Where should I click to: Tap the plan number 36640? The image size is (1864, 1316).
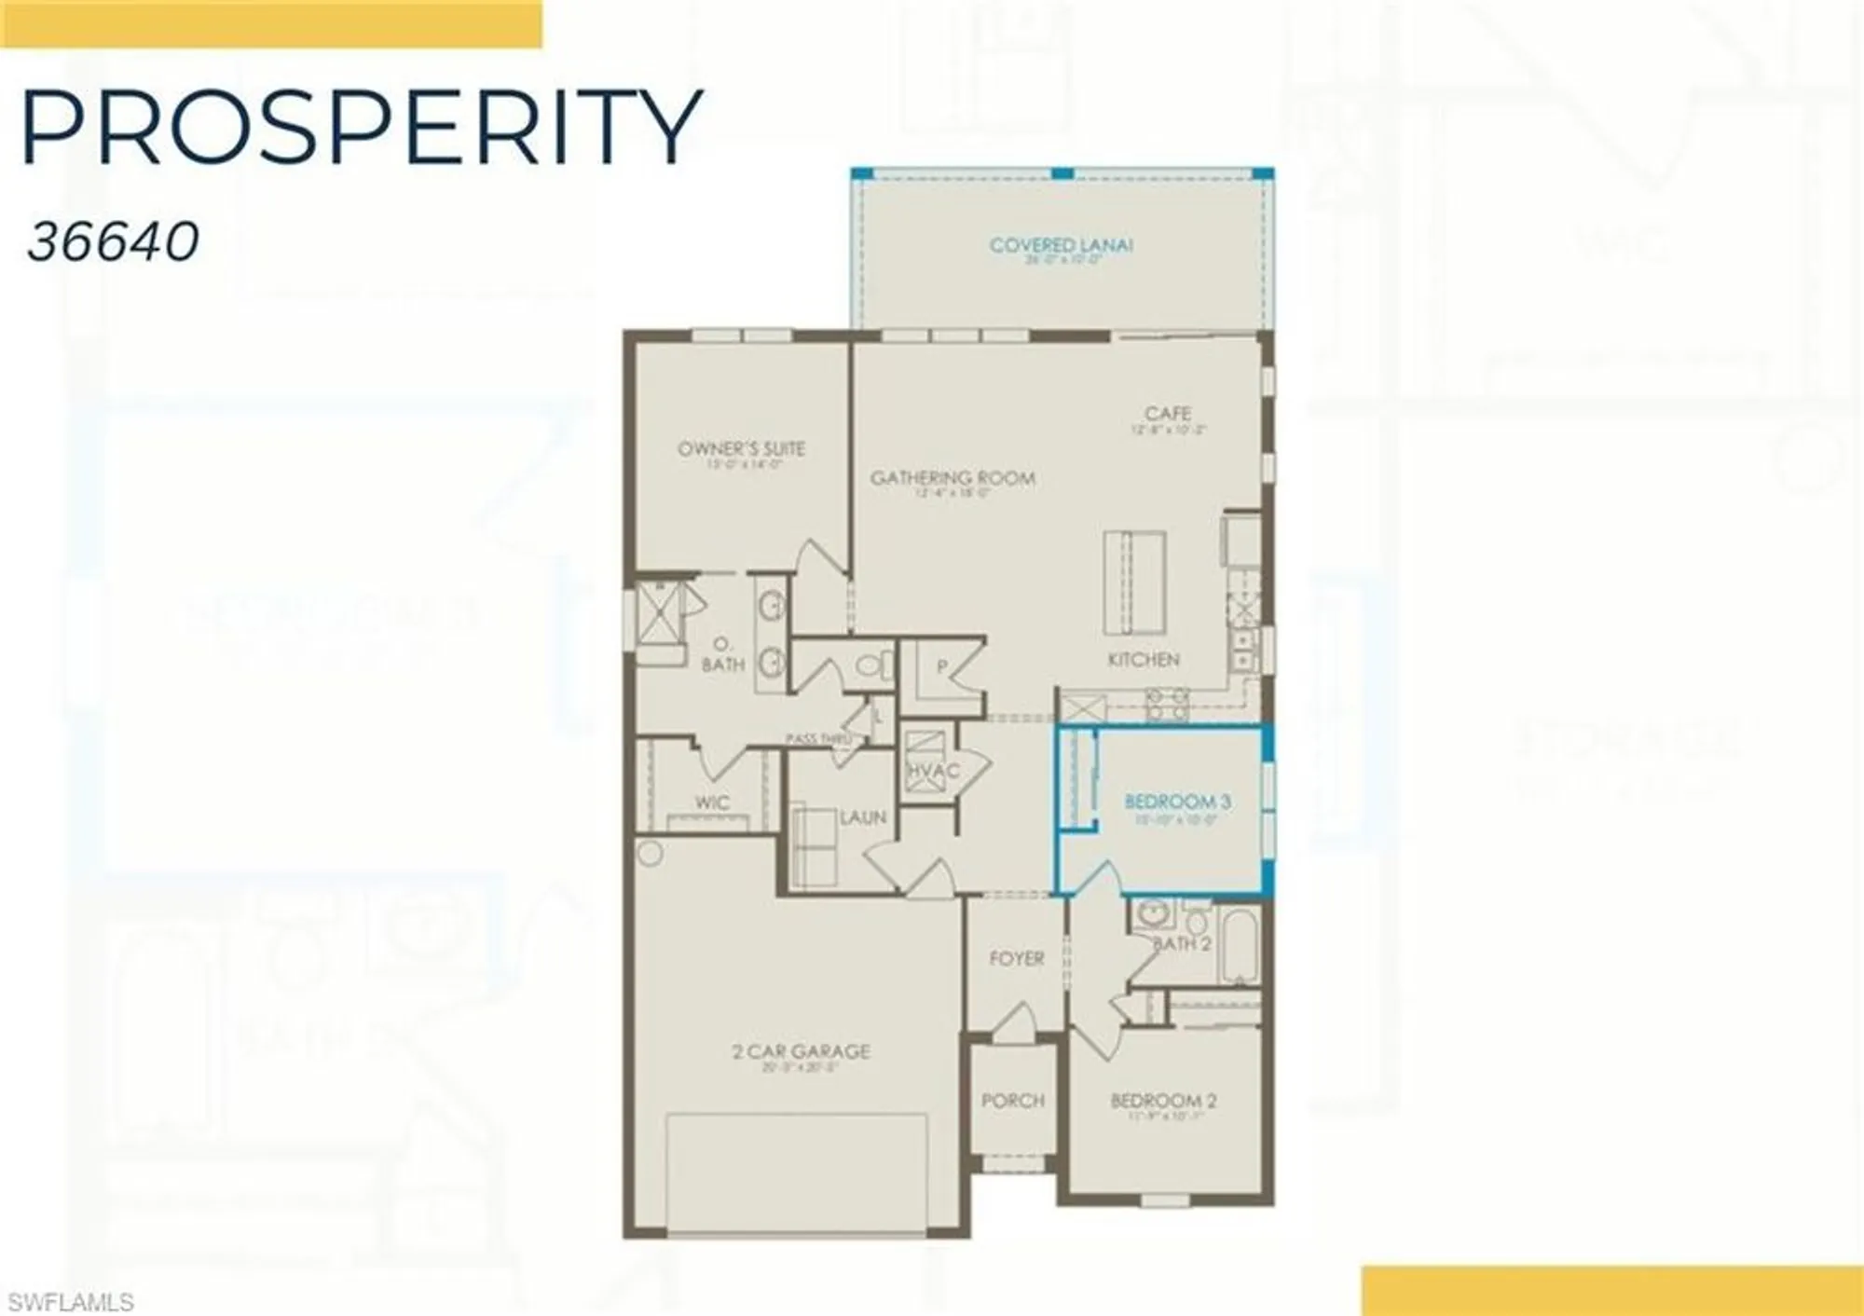[x=113, y=242]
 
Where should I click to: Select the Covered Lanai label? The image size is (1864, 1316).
[x=1061, y=246]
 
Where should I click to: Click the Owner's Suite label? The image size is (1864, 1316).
[x=741, y=449]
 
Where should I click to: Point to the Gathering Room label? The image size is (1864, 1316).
[x=953, y=478]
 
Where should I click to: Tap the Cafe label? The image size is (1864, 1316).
[x=1168, y=413]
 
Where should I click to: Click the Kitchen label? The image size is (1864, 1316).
[x=1144, y=659]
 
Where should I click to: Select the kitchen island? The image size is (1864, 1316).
[x=1134, y=582]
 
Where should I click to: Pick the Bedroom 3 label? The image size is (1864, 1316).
[x=1177, y=802]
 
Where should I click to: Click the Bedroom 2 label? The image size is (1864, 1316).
[x=1163, y=1101]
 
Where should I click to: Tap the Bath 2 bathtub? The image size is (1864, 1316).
[x=1238, y=944]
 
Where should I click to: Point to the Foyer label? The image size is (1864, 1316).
[x=1016, y=958]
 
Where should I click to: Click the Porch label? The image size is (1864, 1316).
[x=1013, y=1101]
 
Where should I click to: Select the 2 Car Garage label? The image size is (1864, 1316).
[x=802, y=1051]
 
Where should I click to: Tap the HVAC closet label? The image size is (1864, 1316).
[x=932, y=771]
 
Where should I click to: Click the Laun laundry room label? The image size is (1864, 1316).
[x=862, y=817]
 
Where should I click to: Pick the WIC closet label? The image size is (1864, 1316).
[x=712, y=802]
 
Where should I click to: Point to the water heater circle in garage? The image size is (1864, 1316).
[x=651, y=852]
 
